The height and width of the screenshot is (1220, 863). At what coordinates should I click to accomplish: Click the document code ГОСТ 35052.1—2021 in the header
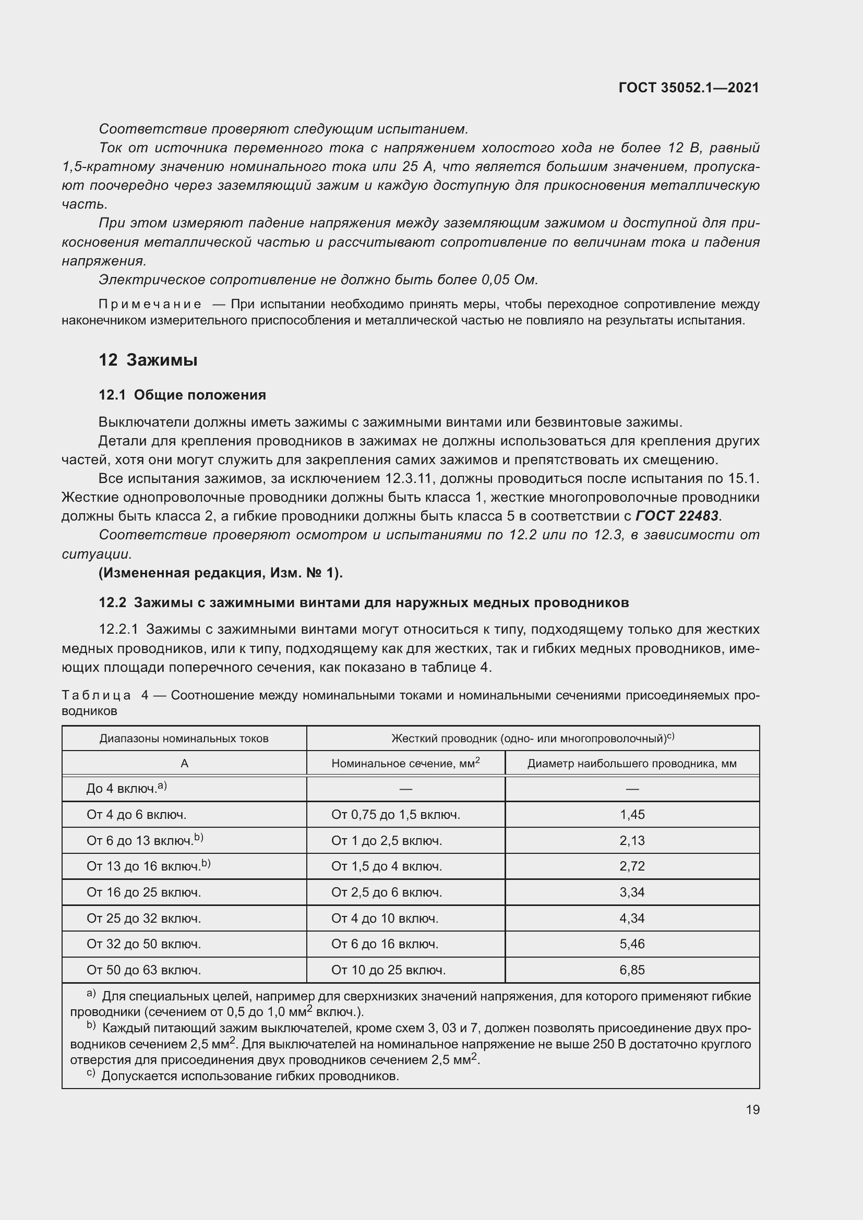pos(689,88)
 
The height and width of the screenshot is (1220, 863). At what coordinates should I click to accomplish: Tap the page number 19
pos(752,1109)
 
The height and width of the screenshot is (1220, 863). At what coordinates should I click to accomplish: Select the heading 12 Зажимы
pos(148,360)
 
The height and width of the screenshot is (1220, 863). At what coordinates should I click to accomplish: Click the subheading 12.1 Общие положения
pos(182,395)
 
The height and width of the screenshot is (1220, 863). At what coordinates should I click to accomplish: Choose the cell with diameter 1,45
pos(632,815)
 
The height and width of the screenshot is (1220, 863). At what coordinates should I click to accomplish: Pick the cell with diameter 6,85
pos(632,970)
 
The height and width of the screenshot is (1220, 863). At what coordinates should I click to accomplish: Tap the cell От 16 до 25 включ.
pos(143,892)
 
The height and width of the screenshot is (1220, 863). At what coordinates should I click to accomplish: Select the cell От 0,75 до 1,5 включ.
pos(395,815)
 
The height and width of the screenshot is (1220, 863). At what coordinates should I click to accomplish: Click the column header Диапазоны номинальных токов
pos(184,739)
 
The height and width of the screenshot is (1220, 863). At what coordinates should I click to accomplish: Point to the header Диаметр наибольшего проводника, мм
pos(632,764)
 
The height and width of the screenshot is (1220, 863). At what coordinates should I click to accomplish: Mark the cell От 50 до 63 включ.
pos(143,970)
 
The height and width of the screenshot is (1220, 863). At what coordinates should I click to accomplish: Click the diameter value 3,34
pos(632,892)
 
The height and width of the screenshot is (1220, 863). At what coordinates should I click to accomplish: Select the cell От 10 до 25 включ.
pos(388,970)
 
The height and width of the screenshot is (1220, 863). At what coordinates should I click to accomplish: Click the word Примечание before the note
pos(150,305)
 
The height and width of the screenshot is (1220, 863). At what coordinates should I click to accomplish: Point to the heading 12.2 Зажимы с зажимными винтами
pos(364,602)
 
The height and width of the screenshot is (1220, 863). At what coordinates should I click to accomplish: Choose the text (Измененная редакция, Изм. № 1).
pos(221,573)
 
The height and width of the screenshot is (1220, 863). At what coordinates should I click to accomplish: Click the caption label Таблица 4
pos(105,696)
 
